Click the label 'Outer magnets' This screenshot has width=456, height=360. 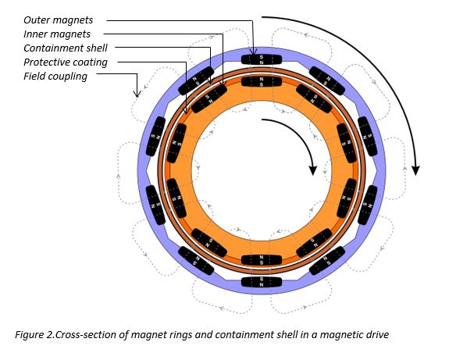[x=58, y=20]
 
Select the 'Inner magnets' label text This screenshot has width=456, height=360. [x=57, y=34]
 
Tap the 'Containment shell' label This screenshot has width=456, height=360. [x=66, y=48]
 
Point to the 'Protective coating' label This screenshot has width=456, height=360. [x=66, y=62]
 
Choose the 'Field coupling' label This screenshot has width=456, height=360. [x=55, y=77]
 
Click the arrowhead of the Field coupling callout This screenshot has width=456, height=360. [x=137, y=94]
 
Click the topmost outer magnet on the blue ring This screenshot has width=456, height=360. [x=262, y=60]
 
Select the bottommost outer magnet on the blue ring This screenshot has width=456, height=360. [x=262, y=282]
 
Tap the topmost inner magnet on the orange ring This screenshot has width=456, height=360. [x=262, y=82]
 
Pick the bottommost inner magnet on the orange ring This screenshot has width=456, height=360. [x=262, y=260]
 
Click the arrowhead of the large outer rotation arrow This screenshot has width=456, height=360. [x=416, y=170]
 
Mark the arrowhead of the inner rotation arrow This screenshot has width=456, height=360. [x=312, y=170]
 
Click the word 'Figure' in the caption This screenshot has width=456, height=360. [x=28, y=335]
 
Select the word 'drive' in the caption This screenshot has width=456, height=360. [x=377, y=334]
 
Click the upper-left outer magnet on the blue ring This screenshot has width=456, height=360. [x=196, y=81]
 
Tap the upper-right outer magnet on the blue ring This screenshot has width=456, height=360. [x=327, y=81]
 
